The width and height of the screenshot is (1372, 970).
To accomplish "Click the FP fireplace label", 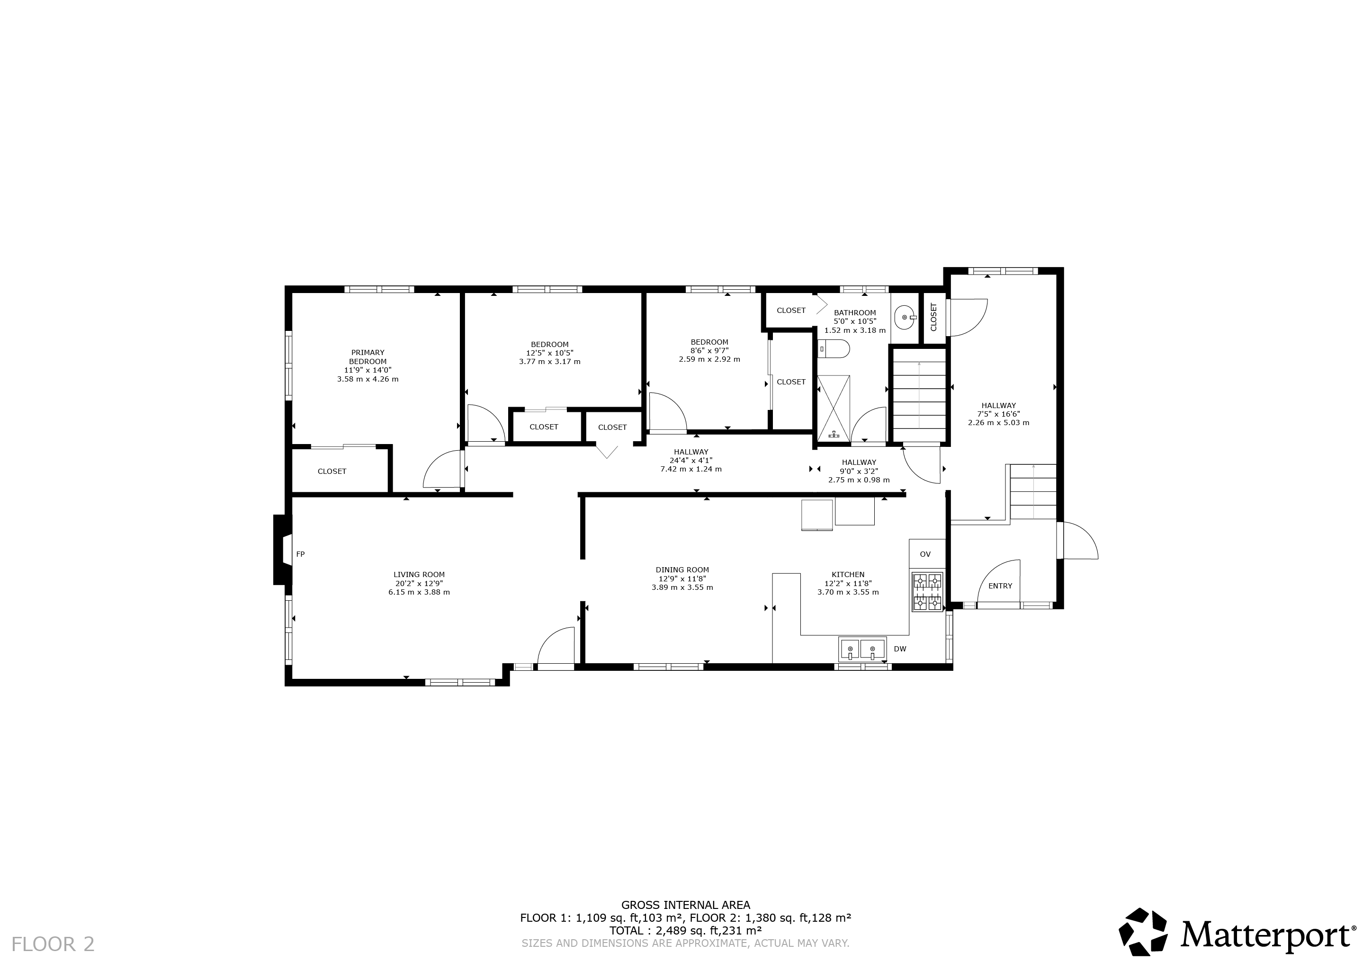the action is coord(301,554).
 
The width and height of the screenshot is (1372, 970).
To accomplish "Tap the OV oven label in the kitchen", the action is coord(925,554).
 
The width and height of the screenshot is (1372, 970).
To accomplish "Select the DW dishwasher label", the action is coord(900,649).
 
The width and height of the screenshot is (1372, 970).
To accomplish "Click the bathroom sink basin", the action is coord(906,318).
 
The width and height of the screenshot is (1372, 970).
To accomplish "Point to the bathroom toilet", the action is coord(834,349).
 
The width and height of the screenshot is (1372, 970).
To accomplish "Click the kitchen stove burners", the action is coord(927,591).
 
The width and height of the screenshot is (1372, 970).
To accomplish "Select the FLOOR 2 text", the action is coord(53,944).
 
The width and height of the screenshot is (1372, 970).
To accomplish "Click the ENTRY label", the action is coord(1000,586).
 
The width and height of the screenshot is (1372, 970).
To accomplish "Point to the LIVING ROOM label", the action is coord(419,575).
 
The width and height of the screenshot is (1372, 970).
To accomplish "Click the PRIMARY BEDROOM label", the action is coord(368,357).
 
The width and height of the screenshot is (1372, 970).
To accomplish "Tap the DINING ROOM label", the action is coord(682,570).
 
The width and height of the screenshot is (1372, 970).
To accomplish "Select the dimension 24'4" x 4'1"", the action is coord(691,461).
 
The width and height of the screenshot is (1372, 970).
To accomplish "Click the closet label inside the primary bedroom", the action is coord(332,471).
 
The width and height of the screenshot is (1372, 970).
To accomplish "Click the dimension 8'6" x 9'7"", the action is coord(709,351).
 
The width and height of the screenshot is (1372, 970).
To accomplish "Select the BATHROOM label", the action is coord(855,312).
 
